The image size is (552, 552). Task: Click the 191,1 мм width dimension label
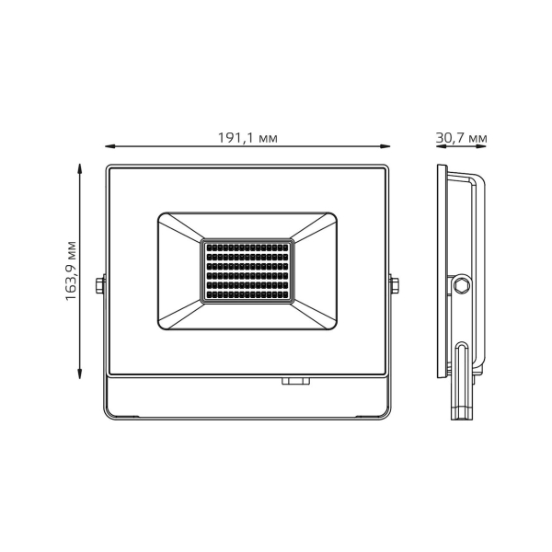click(247, 138)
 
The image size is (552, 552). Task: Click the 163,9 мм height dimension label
click(71, 270)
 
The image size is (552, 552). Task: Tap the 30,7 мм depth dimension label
click(461, 138)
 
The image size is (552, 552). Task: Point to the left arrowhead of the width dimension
click(110, 146)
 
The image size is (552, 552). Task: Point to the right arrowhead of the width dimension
click(385, 146)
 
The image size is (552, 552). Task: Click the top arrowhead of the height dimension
click(80, 168)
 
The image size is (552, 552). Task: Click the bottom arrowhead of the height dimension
click(80, 374)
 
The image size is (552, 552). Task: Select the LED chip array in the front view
click(247, 271)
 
